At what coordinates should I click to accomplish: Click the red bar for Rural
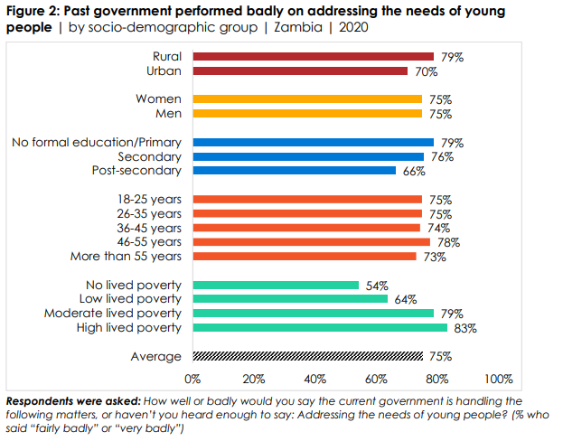(313, 57)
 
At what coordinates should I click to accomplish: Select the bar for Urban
(299, 70)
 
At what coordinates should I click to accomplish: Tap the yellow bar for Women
(307, 99)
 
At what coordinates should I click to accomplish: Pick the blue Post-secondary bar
(294, 171)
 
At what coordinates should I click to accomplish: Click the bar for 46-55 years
(311, 242)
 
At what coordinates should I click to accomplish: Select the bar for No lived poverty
(275, 285)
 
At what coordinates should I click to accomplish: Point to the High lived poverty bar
(319, 327)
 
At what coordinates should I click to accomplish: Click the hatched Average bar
(307, 356)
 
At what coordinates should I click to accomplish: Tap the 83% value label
(465, 328)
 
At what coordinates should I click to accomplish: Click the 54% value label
(377, 286)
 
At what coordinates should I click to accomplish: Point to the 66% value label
(414, 171)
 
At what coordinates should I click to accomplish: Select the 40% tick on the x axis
(314, 379)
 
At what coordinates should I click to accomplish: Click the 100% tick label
(498, 379)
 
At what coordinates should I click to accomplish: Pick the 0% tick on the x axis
(192, 379)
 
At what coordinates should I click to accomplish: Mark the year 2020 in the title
(354, 27)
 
